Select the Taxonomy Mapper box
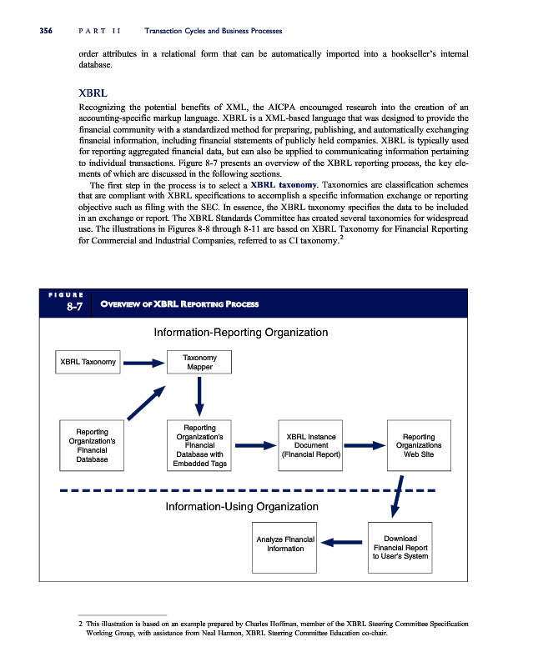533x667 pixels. click(199, 363)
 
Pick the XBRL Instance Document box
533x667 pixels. click(310, 446)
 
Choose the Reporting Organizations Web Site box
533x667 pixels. click(418, 446)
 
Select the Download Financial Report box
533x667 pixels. click(400, 548)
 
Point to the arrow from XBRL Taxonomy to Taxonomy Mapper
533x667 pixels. click(143, 363)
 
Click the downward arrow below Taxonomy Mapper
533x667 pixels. click(199, 395)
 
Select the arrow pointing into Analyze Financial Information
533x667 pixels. click(342, 543)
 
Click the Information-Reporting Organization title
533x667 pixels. click(242, 333)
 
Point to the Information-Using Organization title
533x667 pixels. click(242, 506)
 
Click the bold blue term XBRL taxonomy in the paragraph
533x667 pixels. click(283, 184)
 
